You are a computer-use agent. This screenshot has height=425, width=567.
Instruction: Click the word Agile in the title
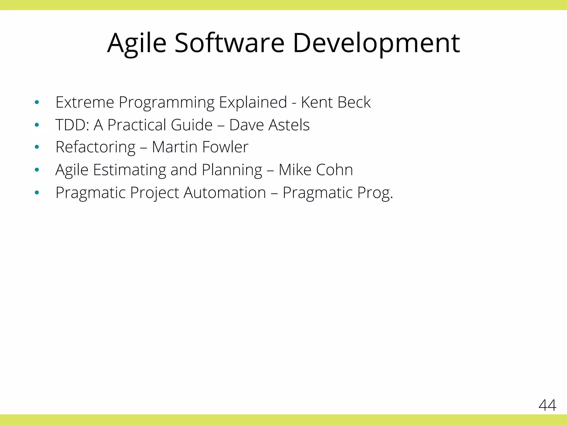point(137,43)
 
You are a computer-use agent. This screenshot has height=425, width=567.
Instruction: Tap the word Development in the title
point(376,43)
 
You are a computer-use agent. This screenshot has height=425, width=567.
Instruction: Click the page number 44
point(547,405)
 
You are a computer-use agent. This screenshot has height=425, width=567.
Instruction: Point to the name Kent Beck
point(336,102)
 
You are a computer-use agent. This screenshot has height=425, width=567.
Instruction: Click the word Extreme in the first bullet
point(85,102)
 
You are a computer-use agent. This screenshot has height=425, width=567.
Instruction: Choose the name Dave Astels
point(269,125)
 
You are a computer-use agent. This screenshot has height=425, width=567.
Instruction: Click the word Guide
point(192,125)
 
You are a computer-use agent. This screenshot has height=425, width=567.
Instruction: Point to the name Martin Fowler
point(200,147)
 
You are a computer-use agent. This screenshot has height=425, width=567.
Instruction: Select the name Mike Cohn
point(316,170)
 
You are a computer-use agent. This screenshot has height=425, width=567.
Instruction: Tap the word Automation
point(225,193)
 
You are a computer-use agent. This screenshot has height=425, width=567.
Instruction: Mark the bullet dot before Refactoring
point(37,147)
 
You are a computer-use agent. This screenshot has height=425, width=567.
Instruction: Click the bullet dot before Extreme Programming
point(37,103)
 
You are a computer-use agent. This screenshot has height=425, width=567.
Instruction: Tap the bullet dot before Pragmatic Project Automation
point(37,192)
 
